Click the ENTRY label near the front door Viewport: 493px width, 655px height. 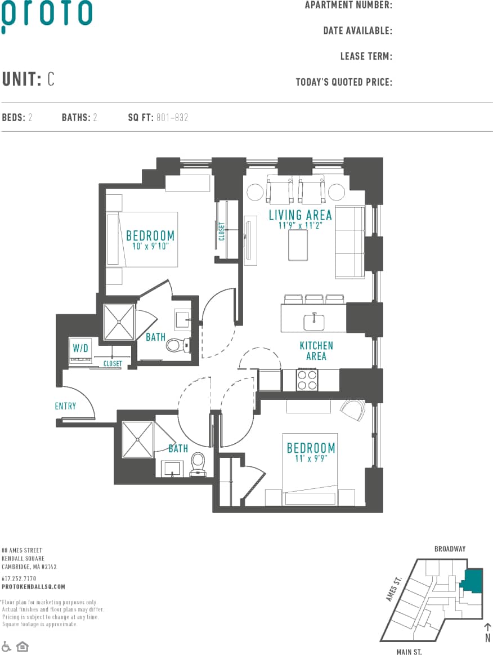65,406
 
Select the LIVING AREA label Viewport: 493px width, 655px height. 300,215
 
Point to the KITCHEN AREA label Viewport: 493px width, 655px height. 316,351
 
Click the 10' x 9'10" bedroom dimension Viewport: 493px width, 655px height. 150,246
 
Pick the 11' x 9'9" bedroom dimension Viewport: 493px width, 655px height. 311,458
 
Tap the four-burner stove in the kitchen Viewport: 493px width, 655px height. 307,379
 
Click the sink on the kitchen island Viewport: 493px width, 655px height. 313,322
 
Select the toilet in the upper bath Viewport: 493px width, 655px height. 175,344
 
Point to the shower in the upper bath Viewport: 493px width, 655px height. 119,322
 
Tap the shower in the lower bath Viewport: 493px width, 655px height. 138,439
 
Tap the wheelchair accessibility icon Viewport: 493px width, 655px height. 7,645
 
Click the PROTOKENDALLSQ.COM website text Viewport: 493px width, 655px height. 33,586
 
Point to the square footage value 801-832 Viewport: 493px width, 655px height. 173,118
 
